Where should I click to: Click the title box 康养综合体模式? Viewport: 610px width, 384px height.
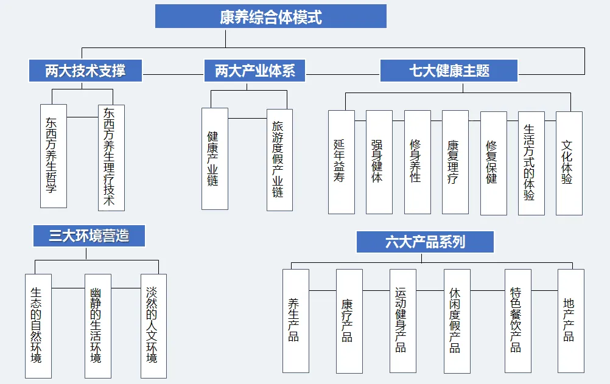271,16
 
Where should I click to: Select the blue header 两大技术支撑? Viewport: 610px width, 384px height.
85,71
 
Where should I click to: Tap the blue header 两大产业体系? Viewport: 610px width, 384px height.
254,71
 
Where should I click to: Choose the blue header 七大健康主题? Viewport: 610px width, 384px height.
449,71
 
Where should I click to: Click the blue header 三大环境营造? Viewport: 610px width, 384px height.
89,235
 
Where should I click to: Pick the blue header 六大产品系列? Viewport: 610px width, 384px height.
425,242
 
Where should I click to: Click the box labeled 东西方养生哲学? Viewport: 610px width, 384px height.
53,156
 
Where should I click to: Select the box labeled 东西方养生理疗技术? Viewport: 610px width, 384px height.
111,157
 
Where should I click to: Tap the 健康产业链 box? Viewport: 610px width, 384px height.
214,159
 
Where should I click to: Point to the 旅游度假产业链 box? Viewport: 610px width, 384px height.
279,159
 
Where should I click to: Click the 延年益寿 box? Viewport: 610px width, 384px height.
341,162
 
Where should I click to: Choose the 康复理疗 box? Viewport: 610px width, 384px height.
455,162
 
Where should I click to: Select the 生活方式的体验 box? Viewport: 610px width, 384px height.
531,162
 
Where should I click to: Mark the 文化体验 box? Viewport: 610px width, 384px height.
569,162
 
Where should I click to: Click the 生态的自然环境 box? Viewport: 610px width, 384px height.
38,326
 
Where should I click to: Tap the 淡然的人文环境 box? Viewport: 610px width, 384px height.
153,326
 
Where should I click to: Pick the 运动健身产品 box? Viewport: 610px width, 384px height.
402,321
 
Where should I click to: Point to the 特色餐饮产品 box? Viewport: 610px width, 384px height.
517,321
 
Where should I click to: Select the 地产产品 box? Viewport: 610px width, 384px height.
570,321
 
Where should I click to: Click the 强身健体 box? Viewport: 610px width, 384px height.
379,162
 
